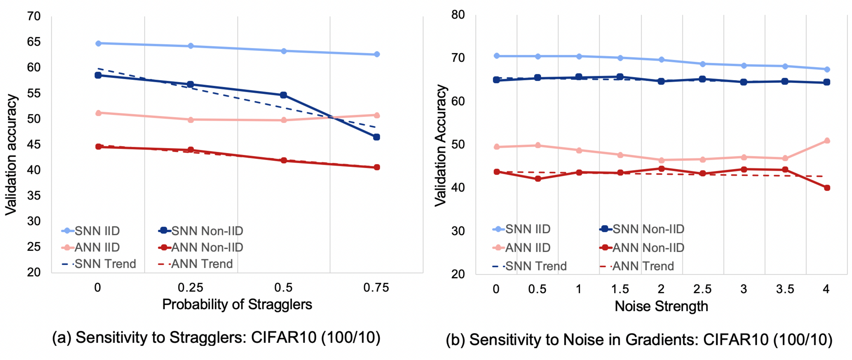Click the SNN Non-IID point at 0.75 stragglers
coord(376,137)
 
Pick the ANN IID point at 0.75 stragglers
coord(376,115)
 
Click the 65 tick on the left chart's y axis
coord(34,42)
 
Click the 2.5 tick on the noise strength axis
coord(702,289)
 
